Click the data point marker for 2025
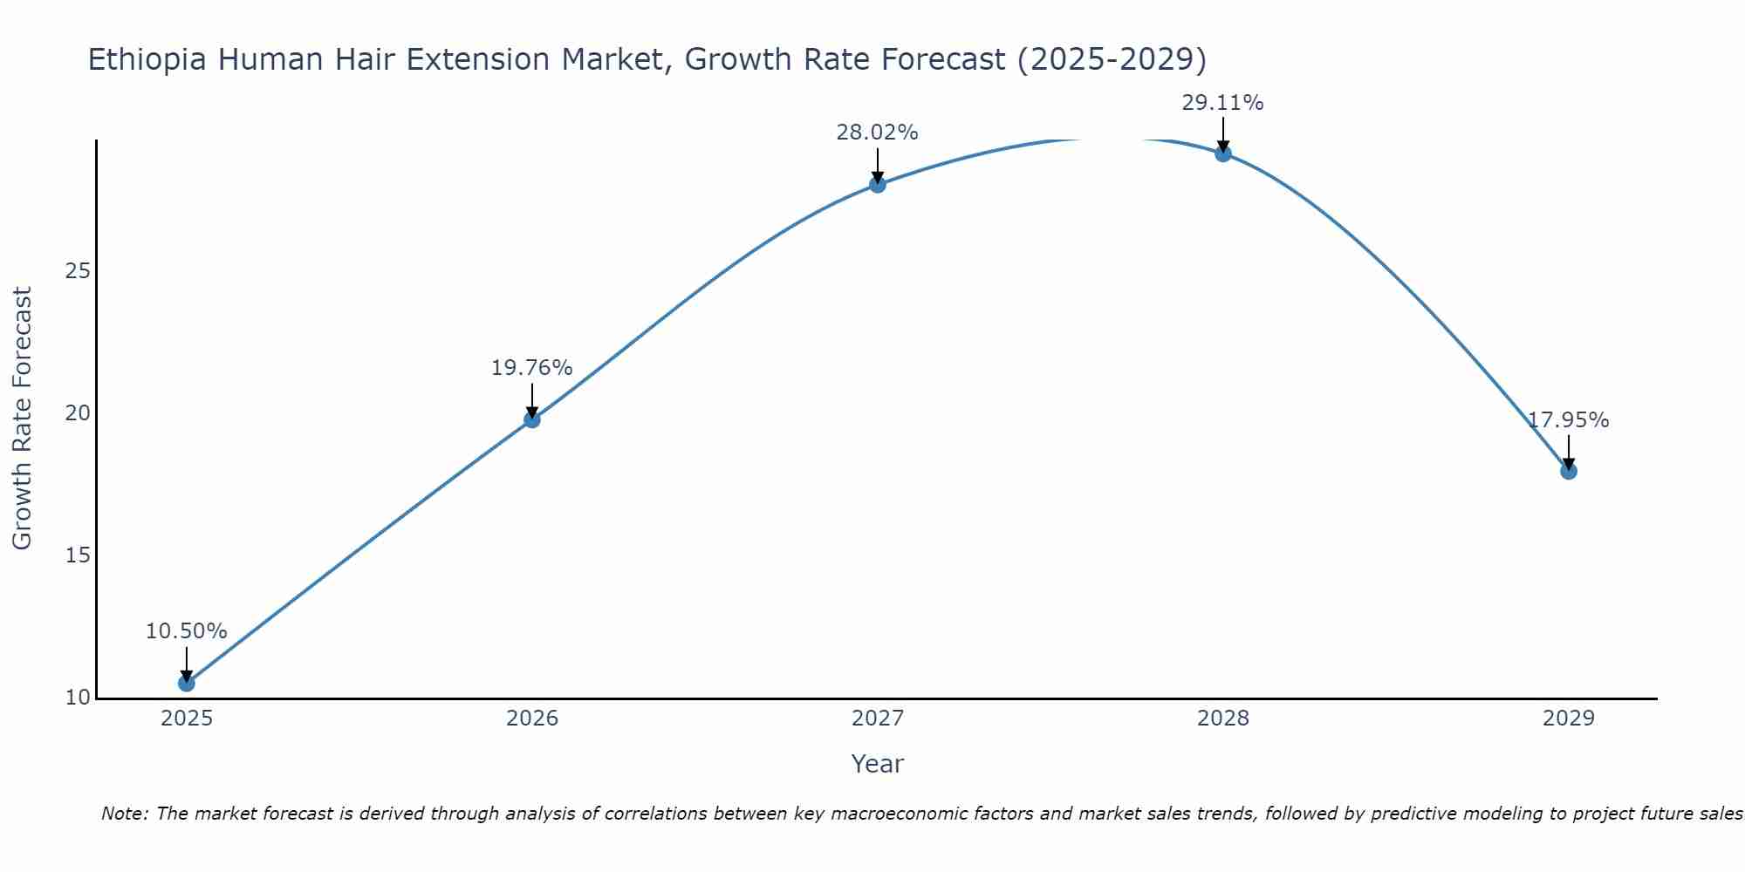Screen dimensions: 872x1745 pos(186,683)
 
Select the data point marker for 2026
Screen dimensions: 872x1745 pos(531,419)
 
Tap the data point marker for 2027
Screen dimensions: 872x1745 pos(877,184)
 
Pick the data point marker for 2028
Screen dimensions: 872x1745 pos(1222,153)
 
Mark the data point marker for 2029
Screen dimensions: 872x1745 pos(1568,471)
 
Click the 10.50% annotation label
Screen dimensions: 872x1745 pos(186,631)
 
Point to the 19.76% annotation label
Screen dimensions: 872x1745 pos(531,368)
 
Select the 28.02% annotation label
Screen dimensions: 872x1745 pos(877,133)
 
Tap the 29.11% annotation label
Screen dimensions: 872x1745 pos(1222,103)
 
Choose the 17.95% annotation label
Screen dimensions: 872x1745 pos(1568,420)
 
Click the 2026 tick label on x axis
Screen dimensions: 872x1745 pos(531,719)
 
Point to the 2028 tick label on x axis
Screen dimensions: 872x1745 pos(1222,719)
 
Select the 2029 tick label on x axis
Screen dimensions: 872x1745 pos(1568,719)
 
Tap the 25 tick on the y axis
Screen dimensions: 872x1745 pos(78,271)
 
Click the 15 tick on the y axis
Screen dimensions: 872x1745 pos(78,555)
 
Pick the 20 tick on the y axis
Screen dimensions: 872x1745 pos(78,413)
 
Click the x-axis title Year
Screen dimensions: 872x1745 pos(877,764)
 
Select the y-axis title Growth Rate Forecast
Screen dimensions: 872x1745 pos(22,419)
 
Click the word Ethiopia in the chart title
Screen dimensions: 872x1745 pos(147,59)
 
